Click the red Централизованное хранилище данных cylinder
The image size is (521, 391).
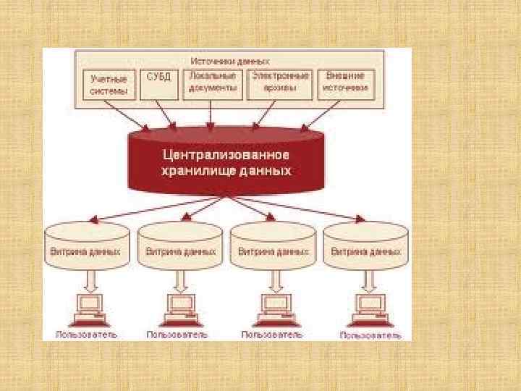click(x=225, y=163)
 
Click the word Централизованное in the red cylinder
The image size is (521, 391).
click(x=225, y=155)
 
